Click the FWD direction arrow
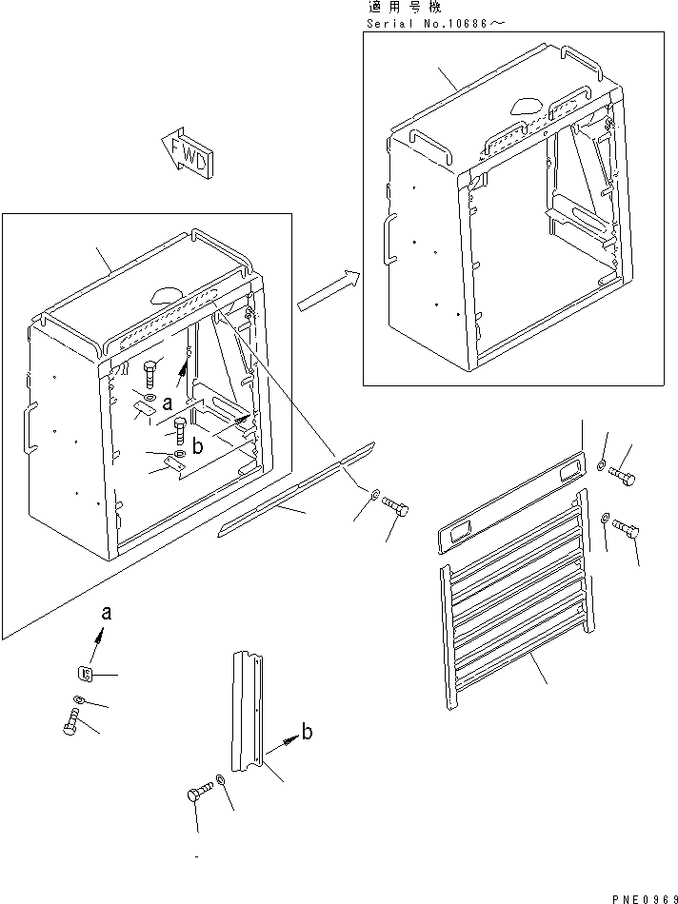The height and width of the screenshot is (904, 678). click(188, 151)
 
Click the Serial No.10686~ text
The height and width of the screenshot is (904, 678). click(436, 24)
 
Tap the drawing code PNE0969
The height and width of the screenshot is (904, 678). click(644, 897)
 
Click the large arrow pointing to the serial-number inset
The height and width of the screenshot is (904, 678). click(329, 290)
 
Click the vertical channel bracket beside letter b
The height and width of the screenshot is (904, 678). click(249, 712)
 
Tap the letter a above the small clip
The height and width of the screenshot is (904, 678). click(106, 613)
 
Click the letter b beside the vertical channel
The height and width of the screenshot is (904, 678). click(308, 732)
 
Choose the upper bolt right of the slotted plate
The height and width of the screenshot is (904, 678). click(622, 476)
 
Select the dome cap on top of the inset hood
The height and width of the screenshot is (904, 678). click(528, 104)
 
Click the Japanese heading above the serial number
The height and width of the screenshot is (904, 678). click(405, 8)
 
